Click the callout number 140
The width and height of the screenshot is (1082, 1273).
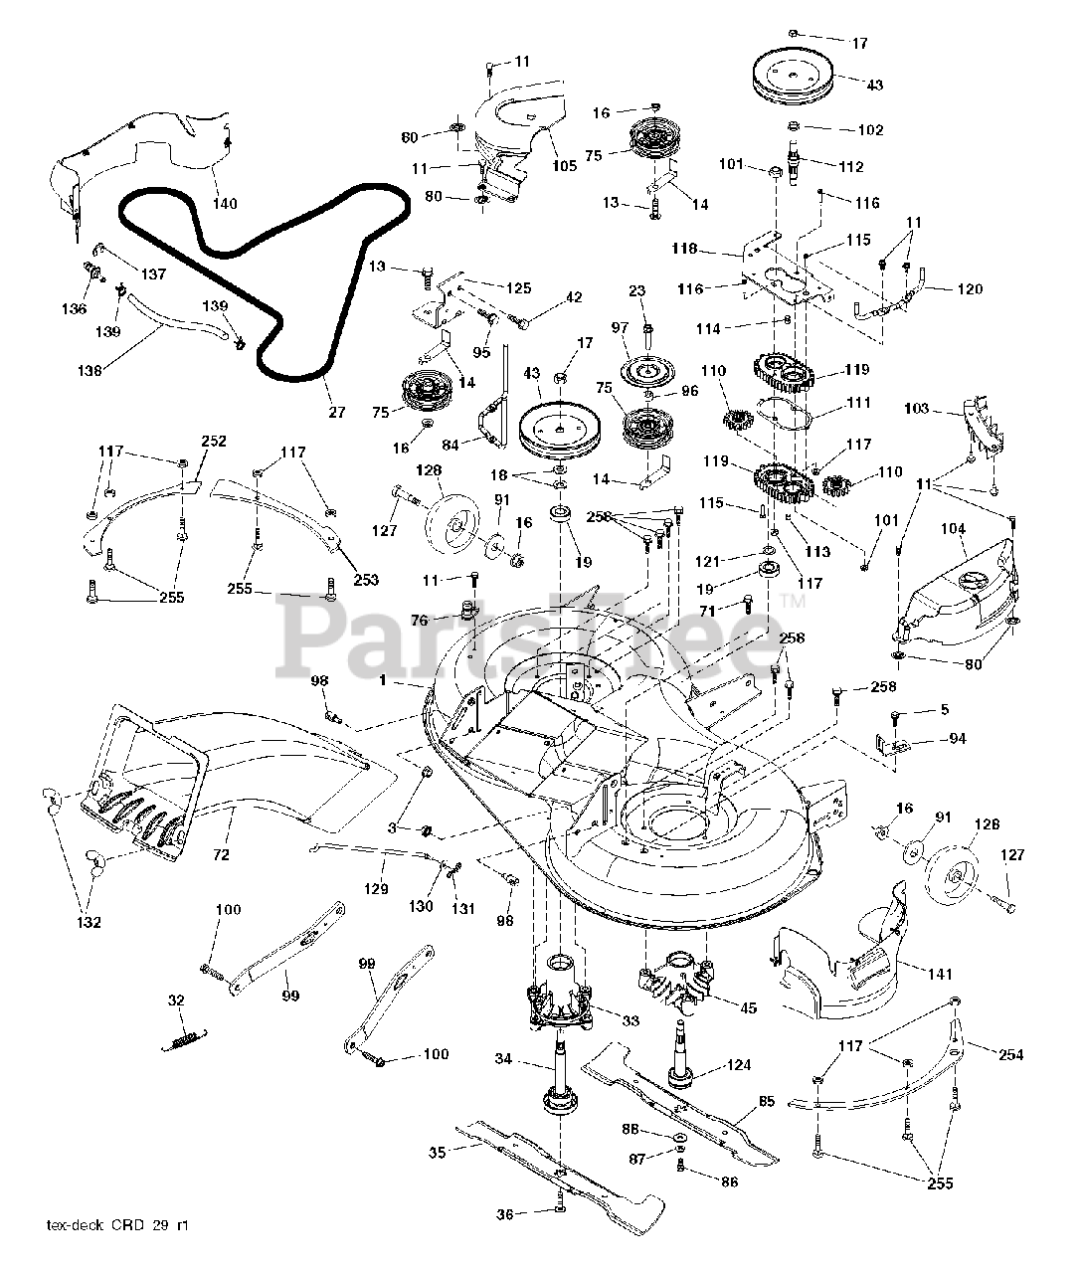coord(225,204)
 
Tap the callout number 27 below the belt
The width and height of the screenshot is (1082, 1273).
coord(332,410)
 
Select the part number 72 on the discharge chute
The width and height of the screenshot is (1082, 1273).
coord(221,854)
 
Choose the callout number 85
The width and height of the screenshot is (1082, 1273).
coord(766,1101)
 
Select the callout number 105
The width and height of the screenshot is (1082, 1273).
coord(564,166)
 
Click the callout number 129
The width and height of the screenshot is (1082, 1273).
coord(377,889)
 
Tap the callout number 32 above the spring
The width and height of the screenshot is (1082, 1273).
coord(176,1000)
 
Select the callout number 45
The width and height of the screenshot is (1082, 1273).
coord(749,1008)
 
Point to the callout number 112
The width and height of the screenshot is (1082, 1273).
coord(851,167)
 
